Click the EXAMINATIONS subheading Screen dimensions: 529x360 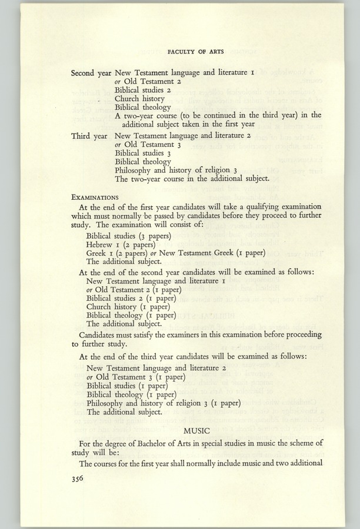click(x=95, y=197)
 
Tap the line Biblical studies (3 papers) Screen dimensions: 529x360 click(x=128, y=236)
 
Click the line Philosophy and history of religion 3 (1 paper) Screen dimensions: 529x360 click(x=164, y=403)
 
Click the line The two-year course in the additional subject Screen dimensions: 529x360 click(x=192, y=178)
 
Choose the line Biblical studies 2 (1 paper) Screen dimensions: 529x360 click(x=131, y=298)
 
